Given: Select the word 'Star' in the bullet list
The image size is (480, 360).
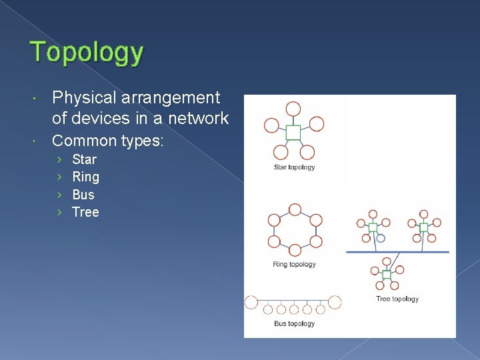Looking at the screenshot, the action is pyautogui.click(x=84, y=159).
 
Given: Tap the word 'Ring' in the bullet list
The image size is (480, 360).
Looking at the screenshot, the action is pyautogui.click(x=85, y=177).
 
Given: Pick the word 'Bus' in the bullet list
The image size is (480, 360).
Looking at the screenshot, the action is pyautogui.click(x=83, y=195).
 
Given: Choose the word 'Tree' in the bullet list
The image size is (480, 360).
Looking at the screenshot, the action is pyautogui.click(x=85, y=212).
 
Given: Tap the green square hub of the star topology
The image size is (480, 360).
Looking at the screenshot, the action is pyautogui.click(x=293, y=133).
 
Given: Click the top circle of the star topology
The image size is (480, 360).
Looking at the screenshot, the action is pyautogui.click(x=293, y=109).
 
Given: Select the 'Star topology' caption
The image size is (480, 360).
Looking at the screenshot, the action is pyautogui.click(x=294, y=167).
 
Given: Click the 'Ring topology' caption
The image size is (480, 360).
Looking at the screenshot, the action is pyautogui.click(x=294, y=265).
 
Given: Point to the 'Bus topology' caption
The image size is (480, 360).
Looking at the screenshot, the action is pyautogui.click(x=294, y=324).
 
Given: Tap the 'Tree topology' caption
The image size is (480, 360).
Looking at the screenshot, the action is pyautogui.click(x=397, y=299).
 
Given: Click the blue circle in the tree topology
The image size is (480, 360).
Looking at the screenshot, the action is pyautogui.click(x=381, y=237).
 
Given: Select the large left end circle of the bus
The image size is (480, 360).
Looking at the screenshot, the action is pyautogui.click(x=251, y=302).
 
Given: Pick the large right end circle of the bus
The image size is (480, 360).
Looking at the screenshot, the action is pyautogui.click(x=335, y=302).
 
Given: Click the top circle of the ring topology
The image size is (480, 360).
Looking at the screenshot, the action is pyautogui.click(x=293, y=207).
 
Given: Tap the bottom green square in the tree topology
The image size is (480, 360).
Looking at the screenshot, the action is pyautogui.click(x=386, y=275).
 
